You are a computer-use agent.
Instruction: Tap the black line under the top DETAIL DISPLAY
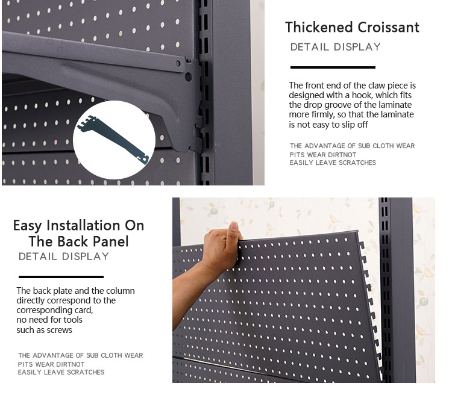(333, 67)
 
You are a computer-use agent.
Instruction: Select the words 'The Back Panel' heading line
(78, 241)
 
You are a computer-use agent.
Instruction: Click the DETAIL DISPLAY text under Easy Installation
(64, 256)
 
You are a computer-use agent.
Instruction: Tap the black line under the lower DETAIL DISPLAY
(60, 277)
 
